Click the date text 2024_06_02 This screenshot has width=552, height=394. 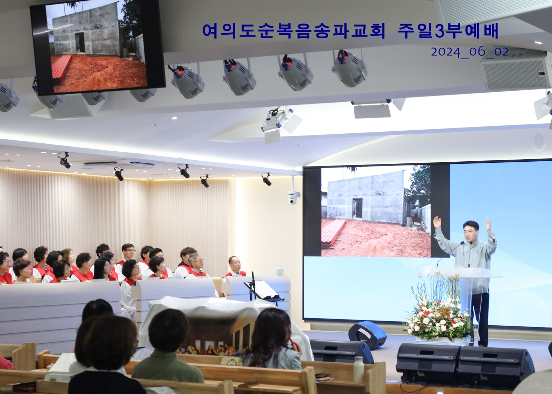point(470,52)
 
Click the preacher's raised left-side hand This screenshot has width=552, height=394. point(437,223)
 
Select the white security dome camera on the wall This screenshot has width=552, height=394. point(293,197)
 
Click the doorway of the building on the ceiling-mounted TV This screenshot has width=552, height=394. point(79,43)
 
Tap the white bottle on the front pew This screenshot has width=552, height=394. point(358,369)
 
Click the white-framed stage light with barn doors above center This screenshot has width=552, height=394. point(281,125)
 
